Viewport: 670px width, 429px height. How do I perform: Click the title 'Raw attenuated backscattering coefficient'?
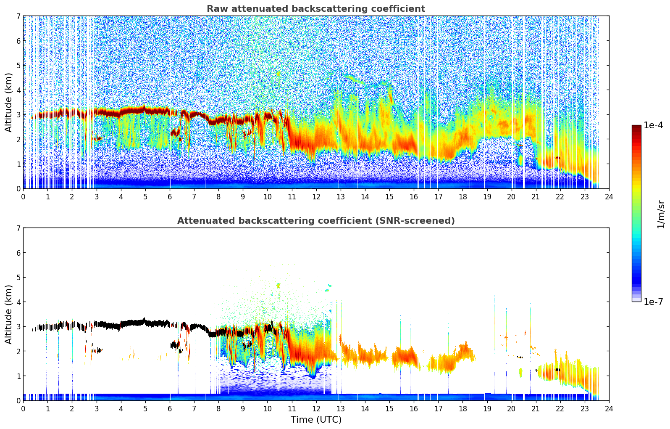pos(316,9)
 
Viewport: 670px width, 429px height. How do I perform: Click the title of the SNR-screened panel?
pos(316,221)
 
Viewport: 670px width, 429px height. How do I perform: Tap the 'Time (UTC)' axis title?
pos(316,420)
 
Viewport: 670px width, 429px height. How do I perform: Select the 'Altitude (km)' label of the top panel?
pos(8,102)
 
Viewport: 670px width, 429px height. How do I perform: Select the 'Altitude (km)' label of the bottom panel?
pos(8,314)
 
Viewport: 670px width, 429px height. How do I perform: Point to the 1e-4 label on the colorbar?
pos(654,125)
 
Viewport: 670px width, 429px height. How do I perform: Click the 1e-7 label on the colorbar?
pos(654,302)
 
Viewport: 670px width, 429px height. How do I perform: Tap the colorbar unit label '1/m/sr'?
pos(661,214)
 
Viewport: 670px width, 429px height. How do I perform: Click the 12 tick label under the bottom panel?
pos(316,408)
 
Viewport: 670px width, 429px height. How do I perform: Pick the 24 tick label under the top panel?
pos(609,196)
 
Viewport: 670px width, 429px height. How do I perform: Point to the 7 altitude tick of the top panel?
pos(18,16)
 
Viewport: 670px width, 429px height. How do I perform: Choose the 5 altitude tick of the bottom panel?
pos(18,277)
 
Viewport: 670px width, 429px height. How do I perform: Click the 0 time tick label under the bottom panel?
pos(23,408)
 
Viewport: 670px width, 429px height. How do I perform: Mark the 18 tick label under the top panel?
pos(462,196)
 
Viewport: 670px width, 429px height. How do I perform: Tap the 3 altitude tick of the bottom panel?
pos(18,327)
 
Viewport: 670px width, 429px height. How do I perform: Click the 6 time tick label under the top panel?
pos(170,196)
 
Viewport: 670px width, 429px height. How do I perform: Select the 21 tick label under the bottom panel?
pos(536,408)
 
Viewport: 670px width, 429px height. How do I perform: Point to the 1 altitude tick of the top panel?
pos(18,164)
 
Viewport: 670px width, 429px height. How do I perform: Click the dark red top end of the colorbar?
pos(636,127)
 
